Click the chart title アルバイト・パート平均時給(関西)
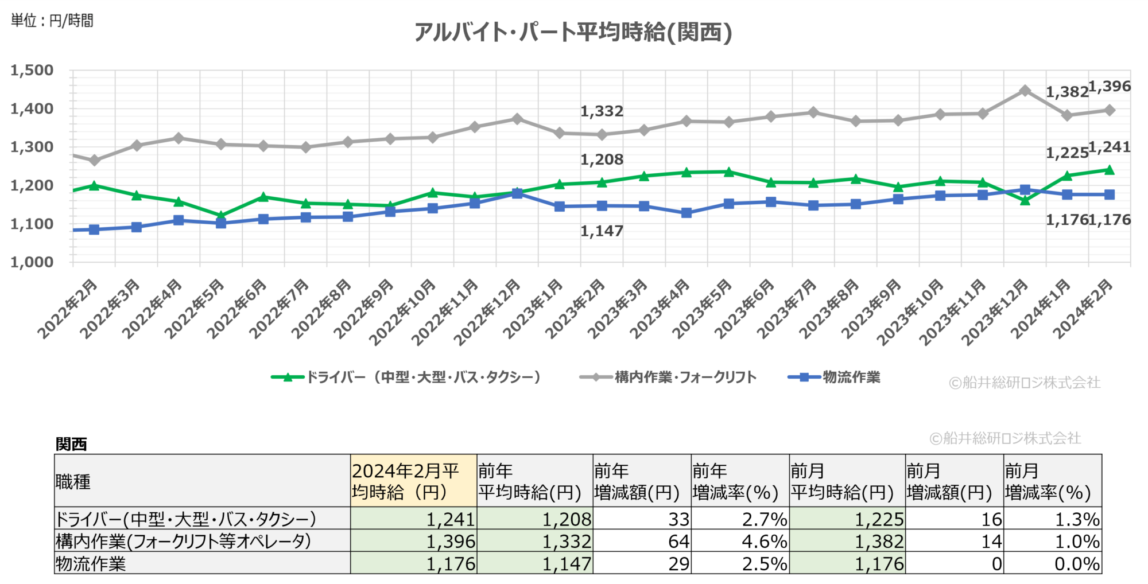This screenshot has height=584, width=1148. click(573, 32)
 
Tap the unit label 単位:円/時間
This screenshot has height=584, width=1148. click(52, 21)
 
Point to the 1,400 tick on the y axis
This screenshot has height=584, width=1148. click(32, 108)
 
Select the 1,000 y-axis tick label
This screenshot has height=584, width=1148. click(32, 262)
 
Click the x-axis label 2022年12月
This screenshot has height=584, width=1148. click(488, 312)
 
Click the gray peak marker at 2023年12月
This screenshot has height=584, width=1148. click(1025, 91)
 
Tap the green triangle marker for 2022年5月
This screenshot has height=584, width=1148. click(221, 215)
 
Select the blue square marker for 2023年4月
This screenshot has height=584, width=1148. click(686, 213)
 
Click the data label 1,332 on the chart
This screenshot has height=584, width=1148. click(602, 111)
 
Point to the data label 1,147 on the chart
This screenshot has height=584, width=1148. click(602, 231)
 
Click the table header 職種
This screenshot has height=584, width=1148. click(73, 481)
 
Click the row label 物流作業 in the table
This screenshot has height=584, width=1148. click(91, 563)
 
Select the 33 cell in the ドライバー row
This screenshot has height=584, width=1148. click(678, 519)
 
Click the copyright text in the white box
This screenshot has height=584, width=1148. click(1006, 438)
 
